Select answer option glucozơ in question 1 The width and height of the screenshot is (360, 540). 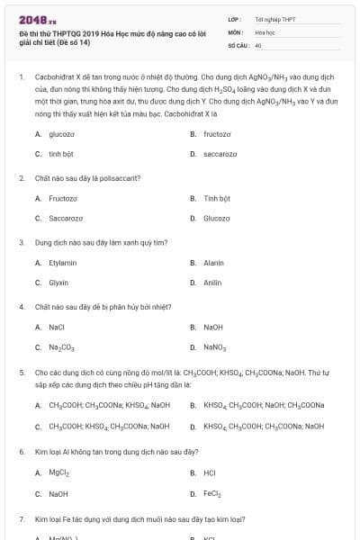pos(61,133)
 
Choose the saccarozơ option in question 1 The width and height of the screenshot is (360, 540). pos(220,154)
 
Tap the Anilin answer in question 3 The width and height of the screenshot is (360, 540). pos(212,283)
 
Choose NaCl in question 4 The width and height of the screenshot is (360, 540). pos(57,327)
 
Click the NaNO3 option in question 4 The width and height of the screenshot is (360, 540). pos(215,347)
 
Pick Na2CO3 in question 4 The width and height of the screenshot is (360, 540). pos(61,347)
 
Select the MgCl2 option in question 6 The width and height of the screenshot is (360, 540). pos(58,472)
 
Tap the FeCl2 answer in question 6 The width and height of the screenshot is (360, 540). pos(212,493)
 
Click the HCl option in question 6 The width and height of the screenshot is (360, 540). pos(210,472)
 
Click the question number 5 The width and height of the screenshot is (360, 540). pos(22,371)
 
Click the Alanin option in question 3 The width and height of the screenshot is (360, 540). pos(213,263)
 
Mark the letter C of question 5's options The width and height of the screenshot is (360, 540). pos(38,427)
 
